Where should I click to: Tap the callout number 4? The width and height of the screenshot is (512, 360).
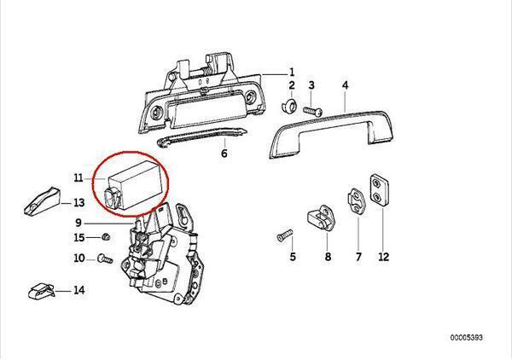tap(345, 85)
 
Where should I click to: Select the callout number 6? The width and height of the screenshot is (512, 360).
tap(224, 154)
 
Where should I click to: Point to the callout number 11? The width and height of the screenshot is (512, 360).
tap(78, 178)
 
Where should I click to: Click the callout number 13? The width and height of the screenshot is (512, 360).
tap(79, 203)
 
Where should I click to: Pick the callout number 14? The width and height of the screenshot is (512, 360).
tap(79, 290)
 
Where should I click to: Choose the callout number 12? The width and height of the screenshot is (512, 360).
tap(383, 256)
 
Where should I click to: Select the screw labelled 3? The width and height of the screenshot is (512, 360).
tap(311, 110)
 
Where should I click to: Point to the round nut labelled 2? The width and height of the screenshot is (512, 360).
tap(290, 107)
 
